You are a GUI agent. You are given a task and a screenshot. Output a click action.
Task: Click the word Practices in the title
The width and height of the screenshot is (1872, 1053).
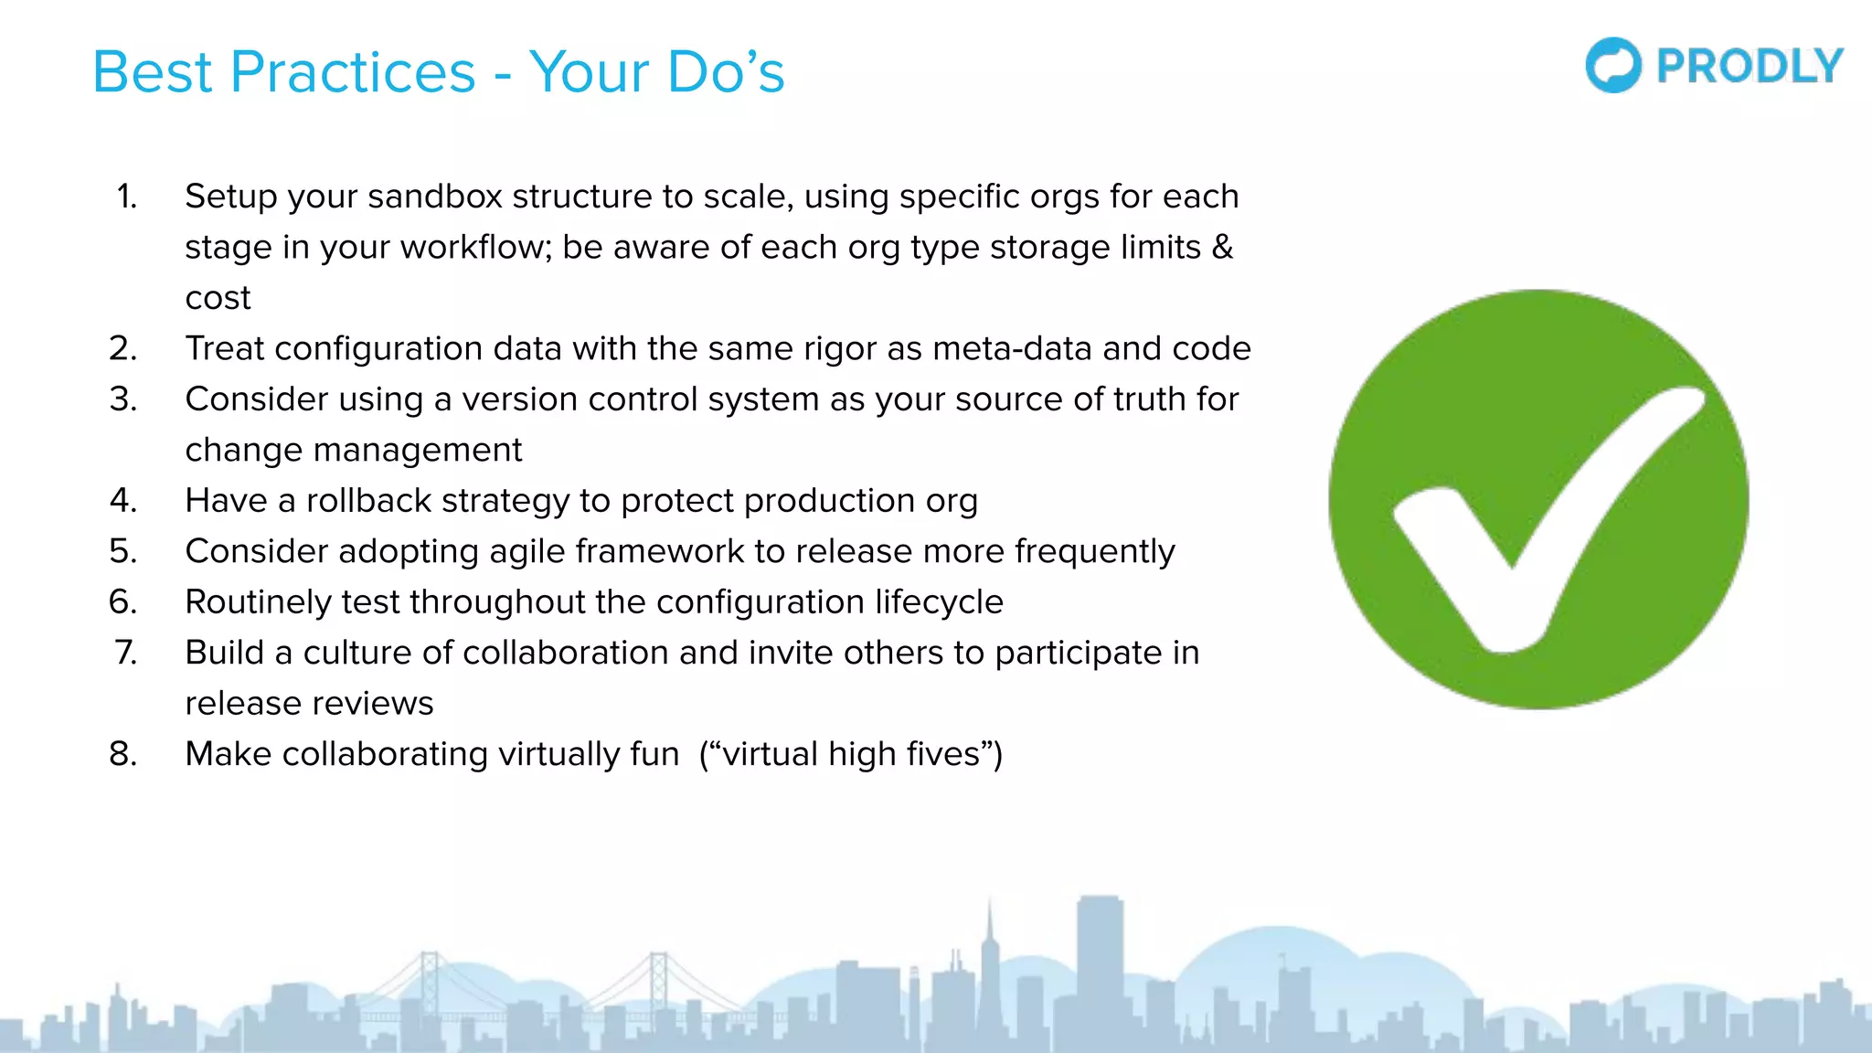353,72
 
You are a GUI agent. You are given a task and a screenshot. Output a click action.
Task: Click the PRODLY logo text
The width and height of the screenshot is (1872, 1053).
1750,67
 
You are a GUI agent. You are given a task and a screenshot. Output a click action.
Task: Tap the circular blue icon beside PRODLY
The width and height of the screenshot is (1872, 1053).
1613,66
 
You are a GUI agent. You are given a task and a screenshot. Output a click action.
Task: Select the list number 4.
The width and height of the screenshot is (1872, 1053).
122,501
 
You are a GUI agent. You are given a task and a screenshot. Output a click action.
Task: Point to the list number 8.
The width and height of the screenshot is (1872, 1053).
122,754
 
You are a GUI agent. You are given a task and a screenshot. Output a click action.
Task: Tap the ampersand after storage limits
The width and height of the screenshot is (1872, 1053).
1222,248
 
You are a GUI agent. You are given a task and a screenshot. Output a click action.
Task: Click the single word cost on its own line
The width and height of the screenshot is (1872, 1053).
218,298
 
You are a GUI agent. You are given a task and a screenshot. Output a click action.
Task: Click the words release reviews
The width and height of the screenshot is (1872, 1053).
309,704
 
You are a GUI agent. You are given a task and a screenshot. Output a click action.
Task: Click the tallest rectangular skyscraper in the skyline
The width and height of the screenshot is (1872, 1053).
1099,960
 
